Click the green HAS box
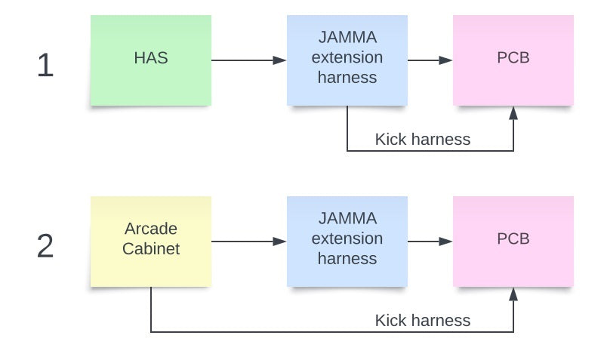coord(150,60)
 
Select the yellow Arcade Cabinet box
coord(150,242)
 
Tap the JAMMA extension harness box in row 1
coord(347,60)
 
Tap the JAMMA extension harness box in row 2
coord(347,242)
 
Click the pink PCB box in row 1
coord(513,60)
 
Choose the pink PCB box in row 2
coord(513,242)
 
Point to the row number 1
coord(45,66)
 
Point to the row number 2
coord(45,247)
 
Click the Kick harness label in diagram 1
coord(422,140)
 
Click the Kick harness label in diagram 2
coord(422,321)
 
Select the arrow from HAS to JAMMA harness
coord(248,60)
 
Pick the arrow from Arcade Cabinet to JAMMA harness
coord(248,242)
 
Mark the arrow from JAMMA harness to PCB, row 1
coord(430,60)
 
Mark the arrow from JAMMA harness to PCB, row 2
coord(430,242)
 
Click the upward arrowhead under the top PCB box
coord(513,113)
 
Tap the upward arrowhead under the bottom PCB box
coord(513,294)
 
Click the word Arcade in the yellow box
coord(151,228)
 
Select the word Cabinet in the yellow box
coord(151,248)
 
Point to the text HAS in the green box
coord(151,57)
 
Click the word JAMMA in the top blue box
coord(347,38)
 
